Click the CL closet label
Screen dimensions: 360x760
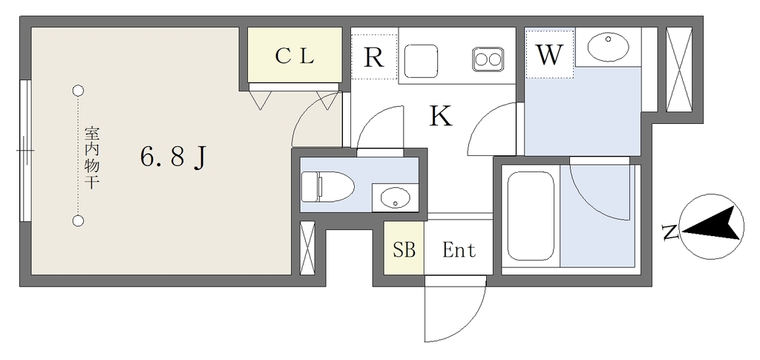[x=295, y=56]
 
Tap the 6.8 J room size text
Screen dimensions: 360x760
[x=172, y=157]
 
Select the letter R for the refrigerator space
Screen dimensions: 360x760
[x=374, y=57]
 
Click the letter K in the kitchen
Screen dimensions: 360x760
[x=441, y=117]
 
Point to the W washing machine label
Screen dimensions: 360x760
[x=549, y=55]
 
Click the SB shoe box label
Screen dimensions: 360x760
[x=404, y=250]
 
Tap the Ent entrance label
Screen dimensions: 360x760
[x=459, y=250]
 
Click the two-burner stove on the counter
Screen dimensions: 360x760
[x=488, y=58]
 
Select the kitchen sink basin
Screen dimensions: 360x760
[x=422, y=57]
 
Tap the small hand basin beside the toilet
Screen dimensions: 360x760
[x=395, y=198]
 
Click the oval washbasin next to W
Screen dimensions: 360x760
[x=609, y=47]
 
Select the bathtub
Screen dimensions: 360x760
[x=531, y=216]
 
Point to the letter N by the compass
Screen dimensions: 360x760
[x=670, y=233]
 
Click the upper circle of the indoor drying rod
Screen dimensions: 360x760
[x=78, y=91]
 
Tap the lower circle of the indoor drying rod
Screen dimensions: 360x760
[x=78, y=220]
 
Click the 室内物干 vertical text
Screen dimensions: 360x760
[x=91, y=157]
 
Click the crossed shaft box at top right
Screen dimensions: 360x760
[x=678, y=68]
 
